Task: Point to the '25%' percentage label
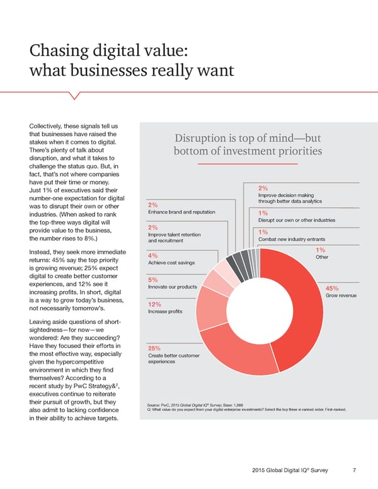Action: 155,348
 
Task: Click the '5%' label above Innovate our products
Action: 152,279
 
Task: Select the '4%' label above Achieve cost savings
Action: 152,255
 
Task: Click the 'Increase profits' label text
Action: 165,311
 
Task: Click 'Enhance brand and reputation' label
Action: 181,212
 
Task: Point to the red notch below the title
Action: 75,96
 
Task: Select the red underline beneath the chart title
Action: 247,164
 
